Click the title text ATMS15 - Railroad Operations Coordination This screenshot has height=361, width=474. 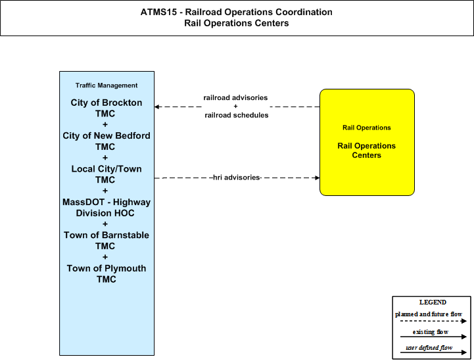237,12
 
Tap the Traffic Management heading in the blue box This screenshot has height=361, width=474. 107,85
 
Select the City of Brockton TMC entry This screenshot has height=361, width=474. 106,108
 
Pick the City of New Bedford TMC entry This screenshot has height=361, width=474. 106,141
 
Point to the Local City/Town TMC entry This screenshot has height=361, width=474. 106,174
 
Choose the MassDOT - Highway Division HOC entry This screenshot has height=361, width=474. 106,207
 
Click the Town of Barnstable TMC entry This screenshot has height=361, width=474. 106,241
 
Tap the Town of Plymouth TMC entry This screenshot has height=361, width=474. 106,274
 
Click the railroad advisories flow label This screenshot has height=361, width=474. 235,98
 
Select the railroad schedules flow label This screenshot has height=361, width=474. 237,115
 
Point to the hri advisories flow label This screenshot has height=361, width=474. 237,178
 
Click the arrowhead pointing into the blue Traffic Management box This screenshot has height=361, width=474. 156,107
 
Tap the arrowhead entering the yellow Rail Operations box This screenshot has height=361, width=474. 318,178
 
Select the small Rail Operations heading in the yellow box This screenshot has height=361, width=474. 366,128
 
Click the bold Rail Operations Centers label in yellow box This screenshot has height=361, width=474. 366,151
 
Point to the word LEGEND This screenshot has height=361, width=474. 433,302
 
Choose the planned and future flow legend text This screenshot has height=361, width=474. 429,314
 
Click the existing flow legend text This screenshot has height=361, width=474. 430,332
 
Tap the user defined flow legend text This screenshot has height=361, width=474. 429,348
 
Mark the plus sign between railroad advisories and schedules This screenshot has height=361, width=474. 235,107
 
